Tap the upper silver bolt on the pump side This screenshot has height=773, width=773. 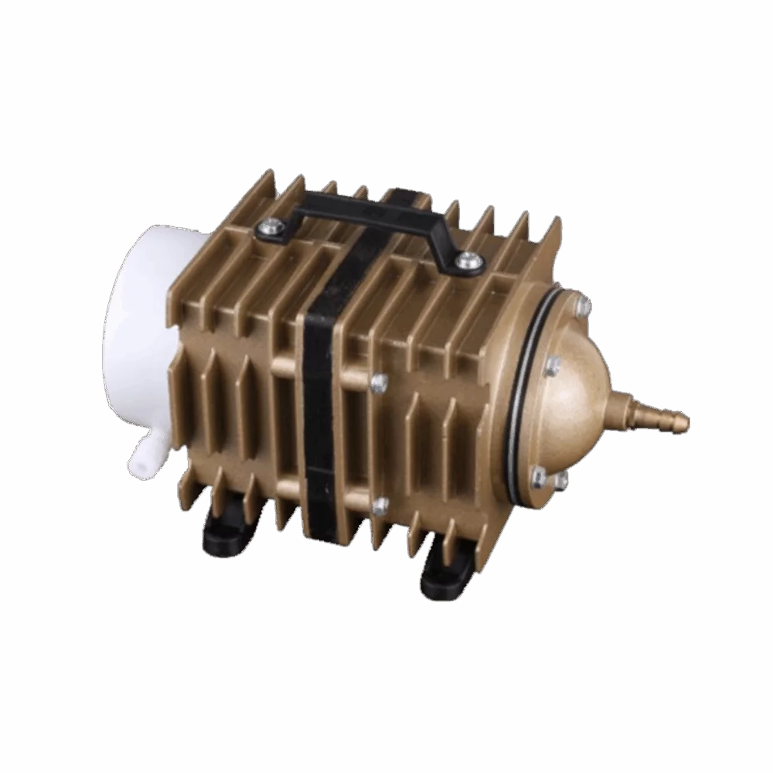pos(379,384)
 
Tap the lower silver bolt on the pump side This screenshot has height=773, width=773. pos(380,506)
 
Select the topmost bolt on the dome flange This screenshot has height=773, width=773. pos(582,307)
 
